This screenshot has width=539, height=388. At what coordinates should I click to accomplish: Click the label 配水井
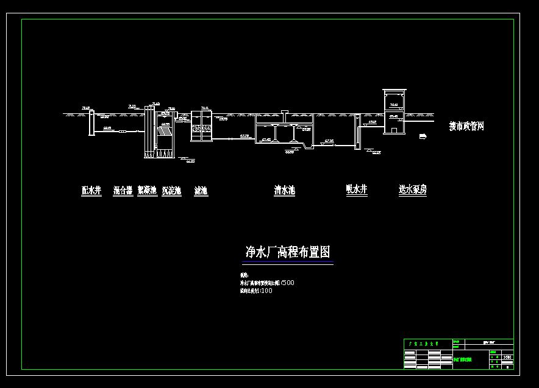(91, 191)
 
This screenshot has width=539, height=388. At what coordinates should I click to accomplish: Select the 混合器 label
(123, 191)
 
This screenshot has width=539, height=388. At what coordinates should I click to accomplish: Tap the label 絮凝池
(147, 191)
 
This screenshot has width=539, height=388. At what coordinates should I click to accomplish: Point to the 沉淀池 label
(171, 191)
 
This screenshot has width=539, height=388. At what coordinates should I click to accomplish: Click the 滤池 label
(201, 191)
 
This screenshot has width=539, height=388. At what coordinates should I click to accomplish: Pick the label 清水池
(284, 190)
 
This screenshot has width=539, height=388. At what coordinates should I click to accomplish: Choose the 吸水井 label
(357, 189)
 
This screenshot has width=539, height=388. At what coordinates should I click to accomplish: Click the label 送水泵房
(413, 189)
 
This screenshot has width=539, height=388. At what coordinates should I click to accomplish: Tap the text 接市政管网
(466, 126)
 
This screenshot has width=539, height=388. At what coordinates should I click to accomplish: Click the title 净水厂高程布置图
(288, 252)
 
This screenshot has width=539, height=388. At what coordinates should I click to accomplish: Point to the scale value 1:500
(288, 283)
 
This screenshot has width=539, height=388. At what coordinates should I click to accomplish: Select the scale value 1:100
(266, 291)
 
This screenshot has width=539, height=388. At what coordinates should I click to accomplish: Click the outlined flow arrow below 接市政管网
(423, 136)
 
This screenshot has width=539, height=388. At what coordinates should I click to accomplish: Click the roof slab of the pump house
(394, 90)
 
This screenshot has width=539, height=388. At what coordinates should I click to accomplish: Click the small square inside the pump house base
(394, 130)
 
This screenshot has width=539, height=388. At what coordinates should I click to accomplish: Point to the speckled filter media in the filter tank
(201, 129)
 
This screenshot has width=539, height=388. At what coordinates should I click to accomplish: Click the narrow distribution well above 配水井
(91, 122)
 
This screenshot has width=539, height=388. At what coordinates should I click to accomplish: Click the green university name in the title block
(427, 344)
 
